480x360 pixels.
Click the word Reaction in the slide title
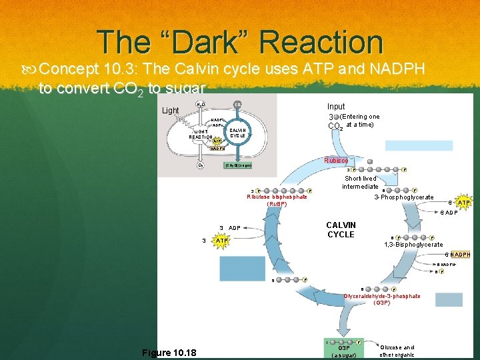pyautogui.click(x=321, y=42)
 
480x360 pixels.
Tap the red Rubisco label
pyautogui.click(x=335, y=161)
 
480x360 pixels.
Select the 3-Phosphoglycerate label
pyautogui.click(x=403, y=197)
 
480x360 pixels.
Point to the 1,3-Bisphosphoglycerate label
pyautogui.click(x=413, y=245)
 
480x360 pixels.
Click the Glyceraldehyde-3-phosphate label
pyautogui.click(x=381, y=296)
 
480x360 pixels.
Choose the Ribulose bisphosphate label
pyautogui.click(x=277, y=197)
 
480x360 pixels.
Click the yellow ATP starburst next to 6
pyautogui.click(x=464, y=202)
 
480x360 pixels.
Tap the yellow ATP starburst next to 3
pyautogui.click(x=220, y=241)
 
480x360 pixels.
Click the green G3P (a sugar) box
pyautogui.click(x=344, y=351)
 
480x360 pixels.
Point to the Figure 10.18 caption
pyautogui.click(x=169, y=353)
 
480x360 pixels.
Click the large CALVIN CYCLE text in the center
pyautogui.click(x=341, y=230)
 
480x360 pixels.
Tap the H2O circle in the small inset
pyautogui.click(x=200, y=105)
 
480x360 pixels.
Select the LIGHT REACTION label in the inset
pyautogui.click(x=201, y=135)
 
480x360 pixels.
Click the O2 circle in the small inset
pyautogui.click(x=200, y=165)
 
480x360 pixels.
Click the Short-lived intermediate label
pyautogui.click(x=360, y=182)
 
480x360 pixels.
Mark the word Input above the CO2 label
pyautogui.click(x=336, y=107)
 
